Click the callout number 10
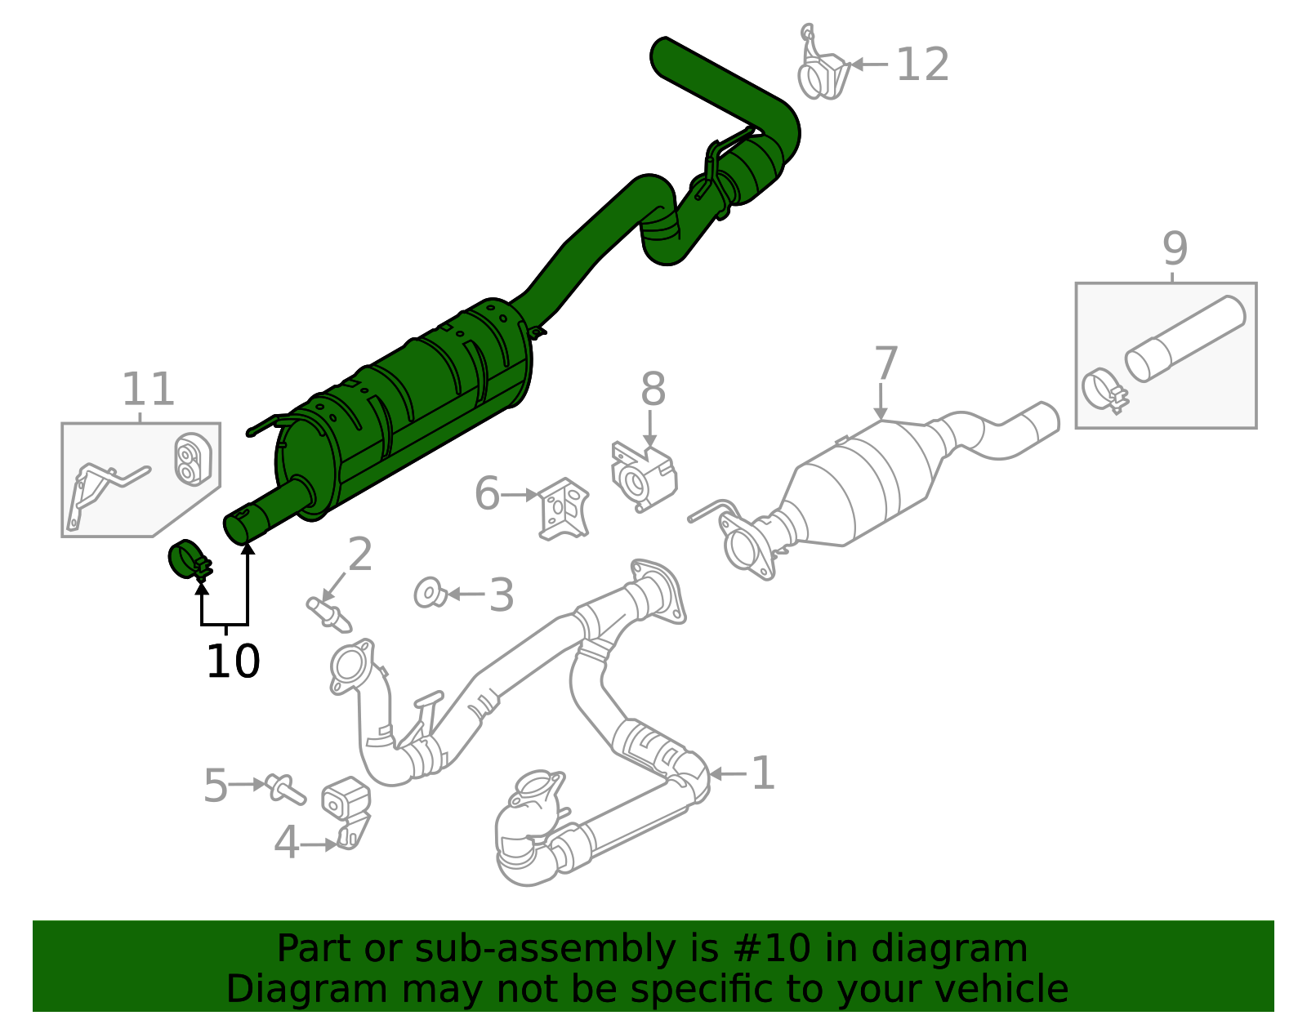(233, 661)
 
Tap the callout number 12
(922, 65)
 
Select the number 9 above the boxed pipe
(1174, 248)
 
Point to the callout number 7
(885, 363)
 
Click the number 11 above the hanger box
(148, 390)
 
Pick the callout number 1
(762, 773)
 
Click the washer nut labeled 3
(430, 593)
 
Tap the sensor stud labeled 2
(328, 612)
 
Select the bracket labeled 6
(564, 508)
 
